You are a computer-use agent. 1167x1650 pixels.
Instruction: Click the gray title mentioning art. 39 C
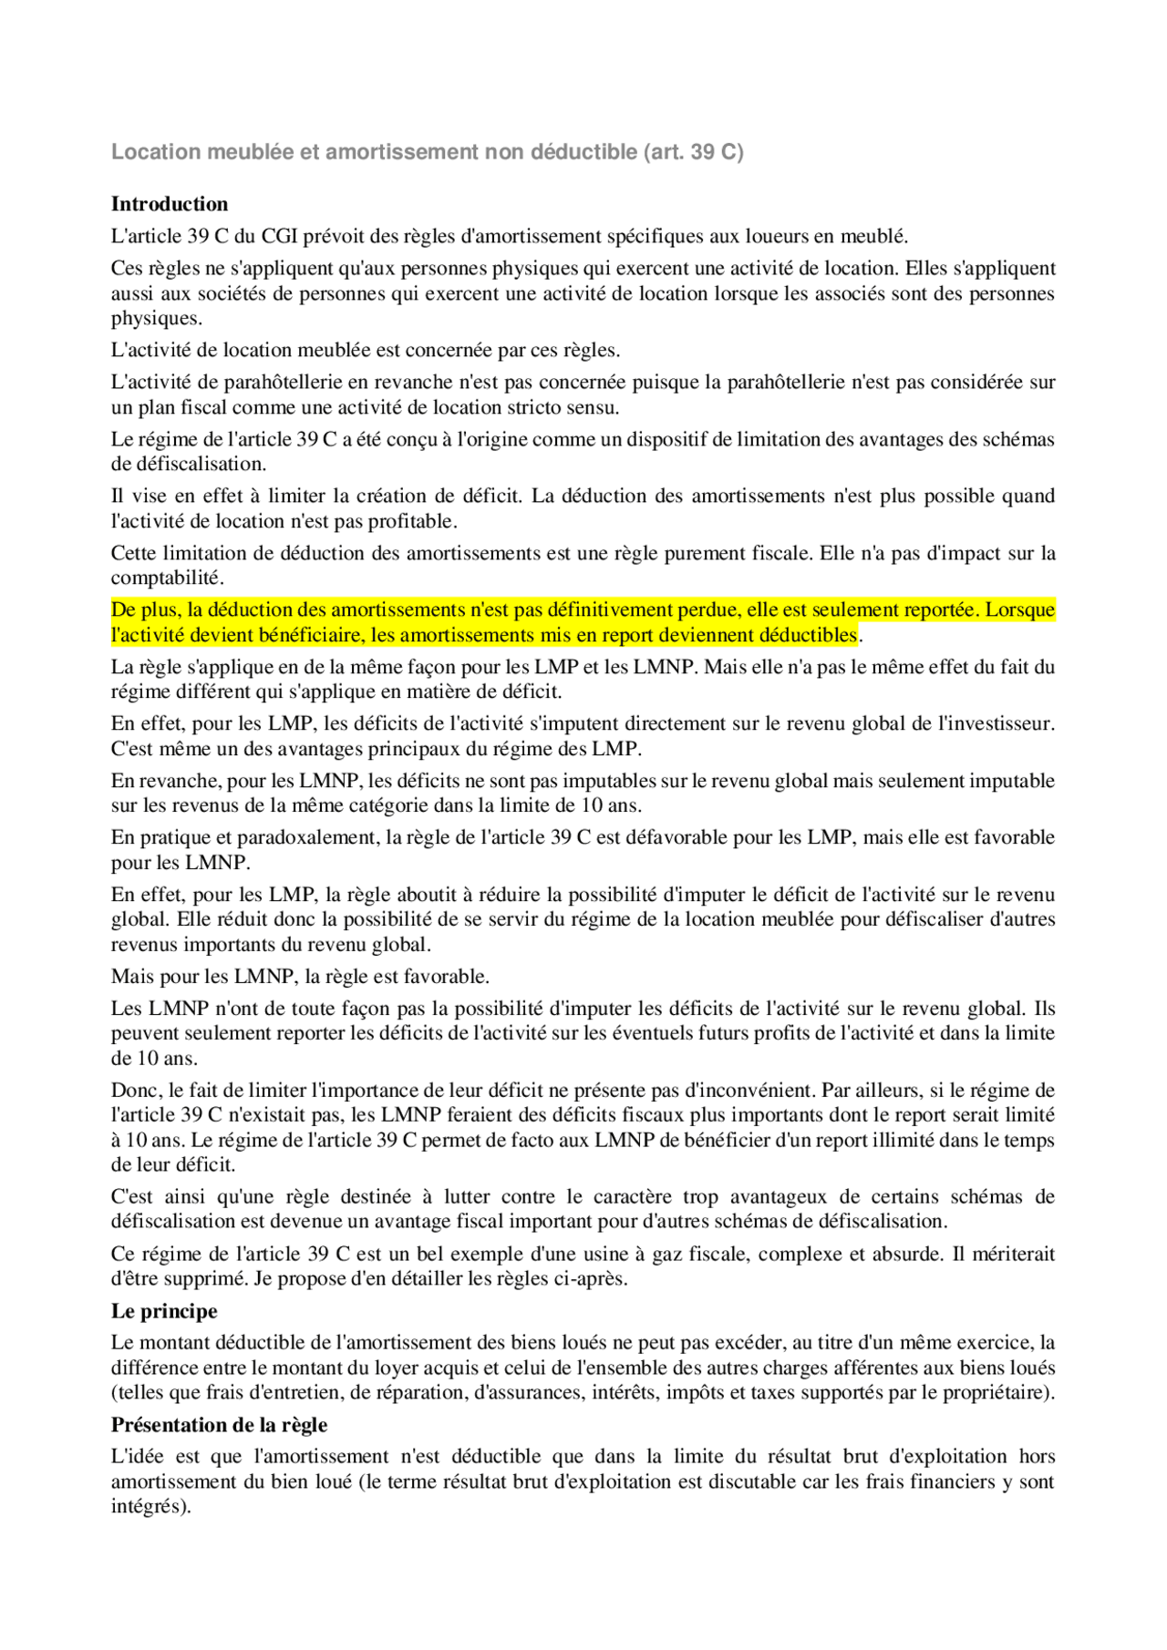(427, 152)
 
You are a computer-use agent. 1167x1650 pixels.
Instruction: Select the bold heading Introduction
(170, 204)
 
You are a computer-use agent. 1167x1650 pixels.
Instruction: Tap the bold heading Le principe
(164, 1311)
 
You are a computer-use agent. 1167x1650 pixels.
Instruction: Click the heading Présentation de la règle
(219, 1425)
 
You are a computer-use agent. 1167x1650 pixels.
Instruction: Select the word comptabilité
(166, 579)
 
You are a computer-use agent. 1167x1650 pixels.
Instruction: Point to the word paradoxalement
(308, 838)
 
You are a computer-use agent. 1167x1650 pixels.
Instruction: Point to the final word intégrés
(150, 1507)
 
